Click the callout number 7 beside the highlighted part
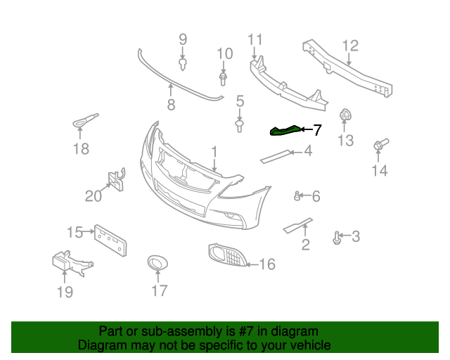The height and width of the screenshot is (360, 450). click(316, 129)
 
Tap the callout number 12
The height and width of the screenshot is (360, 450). click(349, 46)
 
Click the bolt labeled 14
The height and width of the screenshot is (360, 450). click(378, 146)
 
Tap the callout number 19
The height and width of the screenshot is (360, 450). click(65, 291)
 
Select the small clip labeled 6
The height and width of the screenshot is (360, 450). click(299, 195)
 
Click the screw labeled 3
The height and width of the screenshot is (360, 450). click(338, 238)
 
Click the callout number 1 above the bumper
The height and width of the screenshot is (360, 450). click(214, 151)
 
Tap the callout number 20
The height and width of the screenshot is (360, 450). click(94, 195)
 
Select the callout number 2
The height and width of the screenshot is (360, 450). click(305, 244)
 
